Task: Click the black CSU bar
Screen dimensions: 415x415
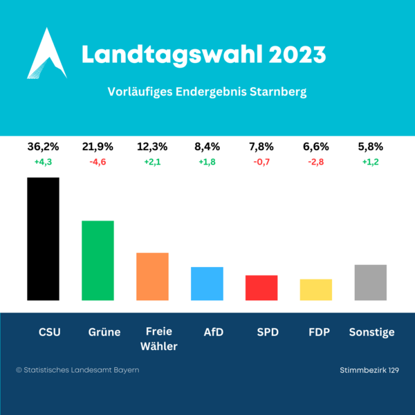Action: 43,239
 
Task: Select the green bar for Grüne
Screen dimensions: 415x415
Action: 98,260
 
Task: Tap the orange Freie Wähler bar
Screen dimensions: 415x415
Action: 152,276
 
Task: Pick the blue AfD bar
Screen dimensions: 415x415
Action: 207,284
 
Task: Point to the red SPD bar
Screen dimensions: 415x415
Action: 261,288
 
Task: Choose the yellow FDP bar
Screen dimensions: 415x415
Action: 315,289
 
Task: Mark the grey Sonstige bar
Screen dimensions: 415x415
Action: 370,282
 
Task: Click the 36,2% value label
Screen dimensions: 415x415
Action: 43,147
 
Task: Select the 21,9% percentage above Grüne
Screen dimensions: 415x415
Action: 98,147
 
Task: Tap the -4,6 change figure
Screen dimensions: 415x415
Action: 98,163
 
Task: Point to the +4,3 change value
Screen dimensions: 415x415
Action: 43,163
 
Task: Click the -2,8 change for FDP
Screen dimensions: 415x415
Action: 315,163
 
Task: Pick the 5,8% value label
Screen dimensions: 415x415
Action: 370,147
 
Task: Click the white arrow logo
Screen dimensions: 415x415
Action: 46,54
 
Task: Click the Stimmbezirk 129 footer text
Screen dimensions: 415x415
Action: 369,371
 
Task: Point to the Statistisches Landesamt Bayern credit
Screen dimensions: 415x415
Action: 77,370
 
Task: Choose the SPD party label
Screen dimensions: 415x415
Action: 267,332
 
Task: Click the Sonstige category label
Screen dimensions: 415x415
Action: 371,332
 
